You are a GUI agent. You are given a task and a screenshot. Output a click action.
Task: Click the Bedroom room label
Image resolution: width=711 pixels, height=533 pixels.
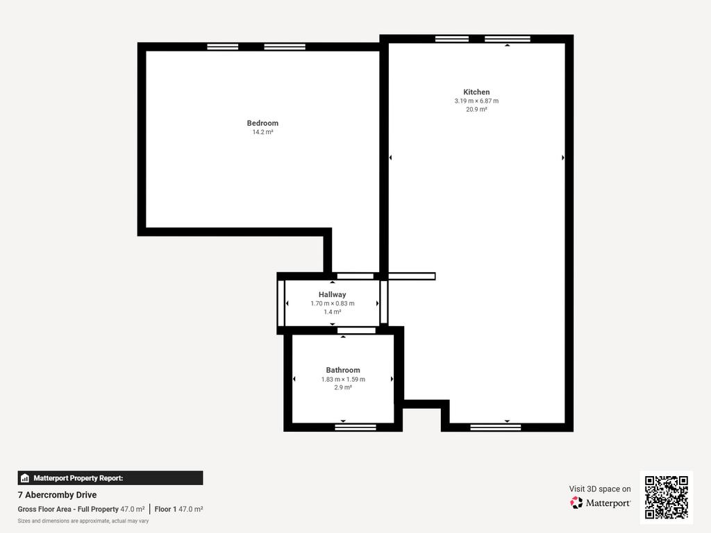click(262, 123)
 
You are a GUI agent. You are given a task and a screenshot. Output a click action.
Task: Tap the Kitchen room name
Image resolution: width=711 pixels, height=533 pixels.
click(476, 92)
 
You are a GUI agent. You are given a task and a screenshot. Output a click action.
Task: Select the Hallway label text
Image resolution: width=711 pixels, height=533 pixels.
click(332, 294)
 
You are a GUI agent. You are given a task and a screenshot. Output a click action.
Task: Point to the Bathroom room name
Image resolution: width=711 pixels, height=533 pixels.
click(343, 371)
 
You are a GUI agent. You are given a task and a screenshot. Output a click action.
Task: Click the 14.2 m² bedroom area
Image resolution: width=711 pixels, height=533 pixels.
click(262, 133)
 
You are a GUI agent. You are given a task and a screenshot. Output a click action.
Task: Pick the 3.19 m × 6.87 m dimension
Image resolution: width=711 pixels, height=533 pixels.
click(476, 101)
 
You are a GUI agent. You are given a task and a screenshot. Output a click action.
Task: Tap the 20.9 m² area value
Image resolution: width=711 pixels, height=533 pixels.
click(476, 109)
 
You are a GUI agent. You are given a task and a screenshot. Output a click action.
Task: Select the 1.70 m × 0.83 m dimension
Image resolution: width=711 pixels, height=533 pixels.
click(333, 304)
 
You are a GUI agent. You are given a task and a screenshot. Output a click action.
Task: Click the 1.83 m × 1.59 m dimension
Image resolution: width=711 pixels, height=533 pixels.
click(343, 380)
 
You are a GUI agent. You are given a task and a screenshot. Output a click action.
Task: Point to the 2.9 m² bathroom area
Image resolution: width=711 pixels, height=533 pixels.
click(343, 387)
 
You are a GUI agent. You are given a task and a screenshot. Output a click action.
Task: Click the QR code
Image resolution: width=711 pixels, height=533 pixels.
click(666, 497)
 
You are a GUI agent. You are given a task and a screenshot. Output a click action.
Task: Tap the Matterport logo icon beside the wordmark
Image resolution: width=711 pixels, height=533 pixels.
click(576, 502)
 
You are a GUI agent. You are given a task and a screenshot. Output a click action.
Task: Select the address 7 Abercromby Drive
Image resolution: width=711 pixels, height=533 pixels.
click(57, 495)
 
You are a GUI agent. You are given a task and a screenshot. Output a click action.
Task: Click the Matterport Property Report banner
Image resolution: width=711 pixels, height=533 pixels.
click(110, 478)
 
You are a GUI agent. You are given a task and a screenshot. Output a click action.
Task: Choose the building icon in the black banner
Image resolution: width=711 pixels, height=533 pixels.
click(25, 478)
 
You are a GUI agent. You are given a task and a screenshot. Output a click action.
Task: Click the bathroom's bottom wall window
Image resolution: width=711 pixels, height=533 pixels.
click(355, 427)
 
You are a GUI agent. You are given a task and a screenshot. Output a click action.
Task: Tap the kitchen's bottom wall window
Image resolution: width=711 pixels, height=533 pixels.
click(496, 427)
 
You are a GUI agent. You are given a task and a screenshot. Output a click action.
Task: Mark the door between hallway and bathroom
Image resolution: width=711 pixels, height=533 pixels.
click(356, 330)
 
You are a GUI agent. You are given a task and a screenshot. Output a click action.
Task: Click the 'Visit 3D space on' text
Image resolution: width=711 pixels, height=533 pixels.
click(600, 489)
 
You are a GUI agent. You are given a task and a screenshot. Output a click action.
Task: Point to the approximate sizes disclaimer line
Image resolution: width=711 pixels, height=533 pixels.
click(83, 521)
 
